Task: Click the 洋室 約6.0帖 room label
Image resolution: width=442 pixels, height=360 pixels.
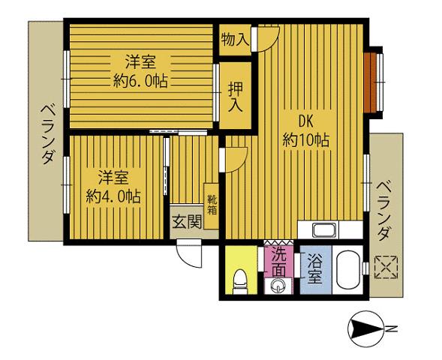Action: point(140,71)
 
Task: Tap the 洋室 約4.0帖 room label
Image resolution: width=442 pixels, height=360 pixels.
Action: point(113,187)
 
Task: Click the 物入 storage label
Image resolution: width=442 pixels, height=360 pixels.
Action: point(235,40)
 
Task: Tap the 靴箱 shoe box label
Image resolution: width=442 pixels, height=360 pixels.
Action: point(212,205)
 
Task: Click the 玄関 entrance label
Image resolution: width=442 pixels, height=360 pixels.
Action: point(187,222)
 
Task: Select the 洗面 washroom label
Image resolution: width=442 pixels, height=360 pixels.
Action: point(279,262)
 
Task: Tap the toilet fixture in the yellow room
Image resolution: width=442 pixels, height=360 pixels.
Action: point(240,281)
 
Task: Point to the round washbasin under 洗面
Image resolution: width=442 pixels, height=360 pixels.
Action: point(278,286)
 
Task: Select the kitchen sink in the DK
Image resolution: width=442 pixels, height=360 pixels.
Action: point(325,230)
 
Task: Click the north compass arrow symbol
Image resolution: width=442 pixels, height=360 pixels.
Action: point(365,329)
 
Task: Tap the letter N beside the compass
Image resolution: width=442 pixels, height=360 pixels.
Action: point(392,328)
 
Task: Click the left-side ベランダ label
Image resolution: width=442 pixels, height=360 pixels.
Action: point(48,133)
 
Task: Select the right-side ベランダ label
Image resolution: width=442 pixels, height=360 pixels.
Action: point(384,211)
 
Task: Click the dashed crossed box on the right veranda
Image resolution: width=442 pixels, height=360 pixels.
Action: point(386,267)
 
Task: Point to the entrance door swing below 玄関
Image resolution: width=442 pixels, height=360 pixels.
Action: point(189,253)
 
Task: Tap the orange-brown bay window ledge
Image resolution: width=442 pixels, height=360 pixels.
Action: point(369,82)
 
